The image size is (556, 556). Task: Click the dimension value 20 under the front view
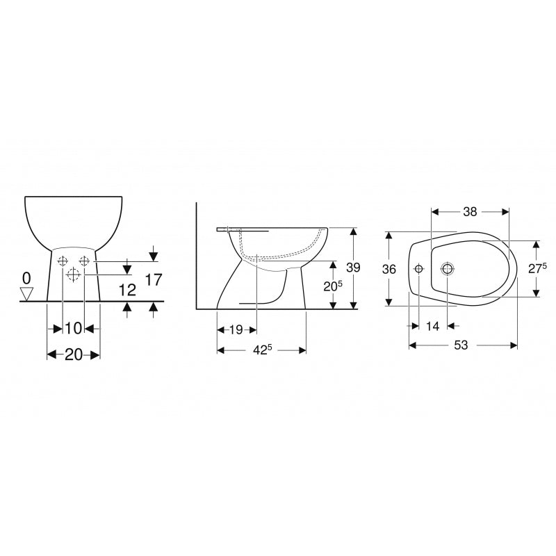(x=73, y=354)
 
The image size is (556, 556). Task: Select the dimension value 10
(x=74, y=327)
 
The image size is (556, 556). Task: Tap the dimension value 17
(x=154, y=279)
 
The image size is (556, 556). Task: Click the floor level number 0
(x=26, y=278)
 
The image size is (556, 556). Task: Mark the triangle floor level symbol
(x=26, y=295)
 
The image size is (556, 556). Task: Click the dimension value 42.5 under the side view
(x=261, y=350)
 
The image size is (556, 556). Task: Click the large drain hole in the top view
(x=446, y=269)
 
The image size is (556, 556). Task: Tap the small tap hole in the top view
(x=418, y=269)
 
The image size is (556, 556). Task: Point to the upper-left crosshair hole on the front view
(x=63, y=261)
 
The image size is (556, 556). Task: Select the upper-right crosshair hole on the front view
(x=84, y=261)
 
